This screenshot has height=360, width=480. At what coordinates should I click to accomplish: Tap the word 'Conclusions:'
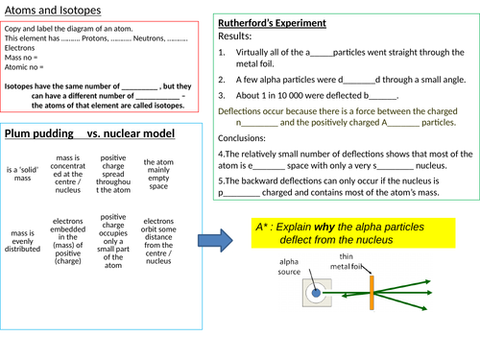tap(248, 138)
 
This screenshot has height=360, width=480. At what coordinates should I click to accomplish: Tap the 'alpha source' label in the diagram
tap(290, 265)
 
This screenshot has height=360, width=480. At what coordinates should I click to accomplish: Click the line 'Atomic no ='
tap(26, 66)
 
